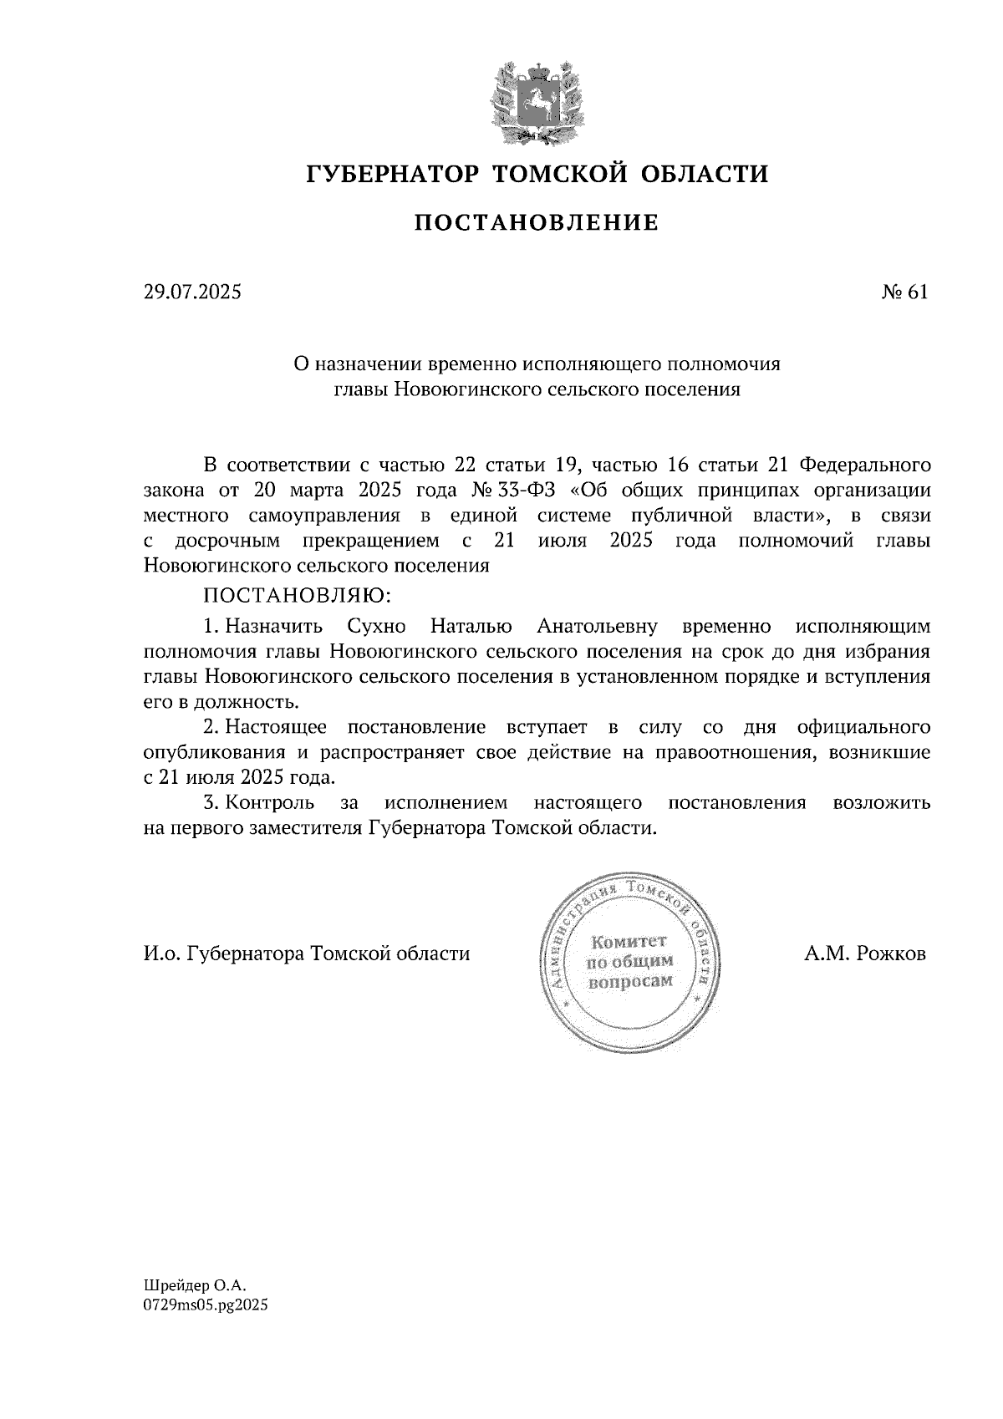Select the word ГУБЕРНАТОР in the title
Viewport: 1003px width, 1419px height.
pyautogui.click(x=393, y=174)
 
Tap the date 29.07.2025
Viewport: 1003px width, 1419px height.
pyautogui.click(x=191, y=292)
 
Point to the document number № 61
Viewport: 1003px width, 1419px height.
pyautogui.click(x=904, y=292)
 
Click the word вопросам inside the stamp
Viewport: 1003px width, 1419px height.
pyautogui.click(x=630, y=981)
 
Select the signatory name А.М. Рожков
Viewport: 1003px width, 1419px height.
pyautogui.click(x=865, y=954)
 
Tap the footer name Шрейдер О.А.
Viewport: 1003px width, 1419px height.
pyautogui.click(x=196, y=1288)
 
